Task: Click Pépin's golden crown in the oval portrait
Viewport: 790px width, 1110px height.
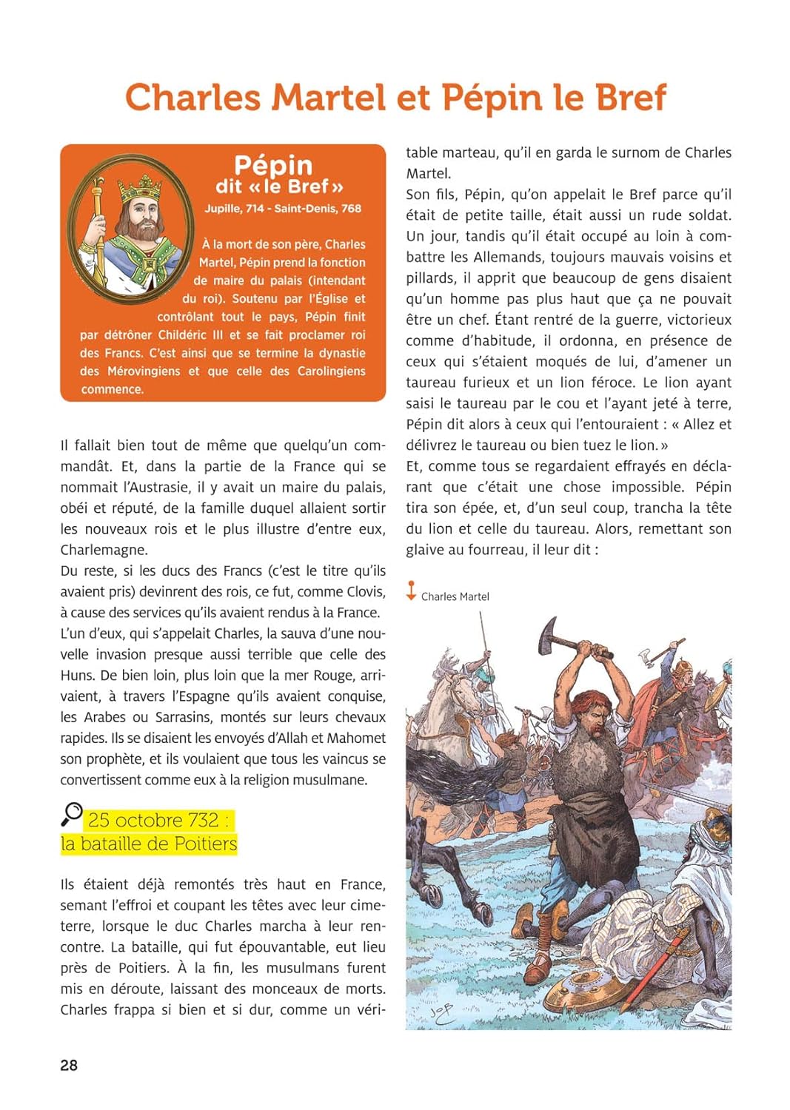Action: [138, 187]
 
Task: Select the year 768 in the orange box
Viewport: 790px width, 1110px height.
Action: [351, 209]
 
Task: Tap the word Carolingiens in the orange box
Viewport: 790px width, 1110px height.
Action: [331, 371]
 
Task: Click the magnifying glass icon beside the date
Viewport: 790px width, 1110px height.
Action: [71, 814]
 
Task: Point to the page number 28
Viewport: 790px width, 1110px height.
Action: [69, 1066]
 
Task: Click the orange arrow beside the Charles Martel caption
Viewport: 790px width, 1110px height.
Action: [411, 591]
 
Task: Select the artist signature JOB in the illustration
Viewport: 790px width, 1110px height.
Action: [442, 1013]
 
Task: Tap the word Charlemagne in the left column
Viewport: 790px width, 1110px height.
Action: [104, 551]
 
